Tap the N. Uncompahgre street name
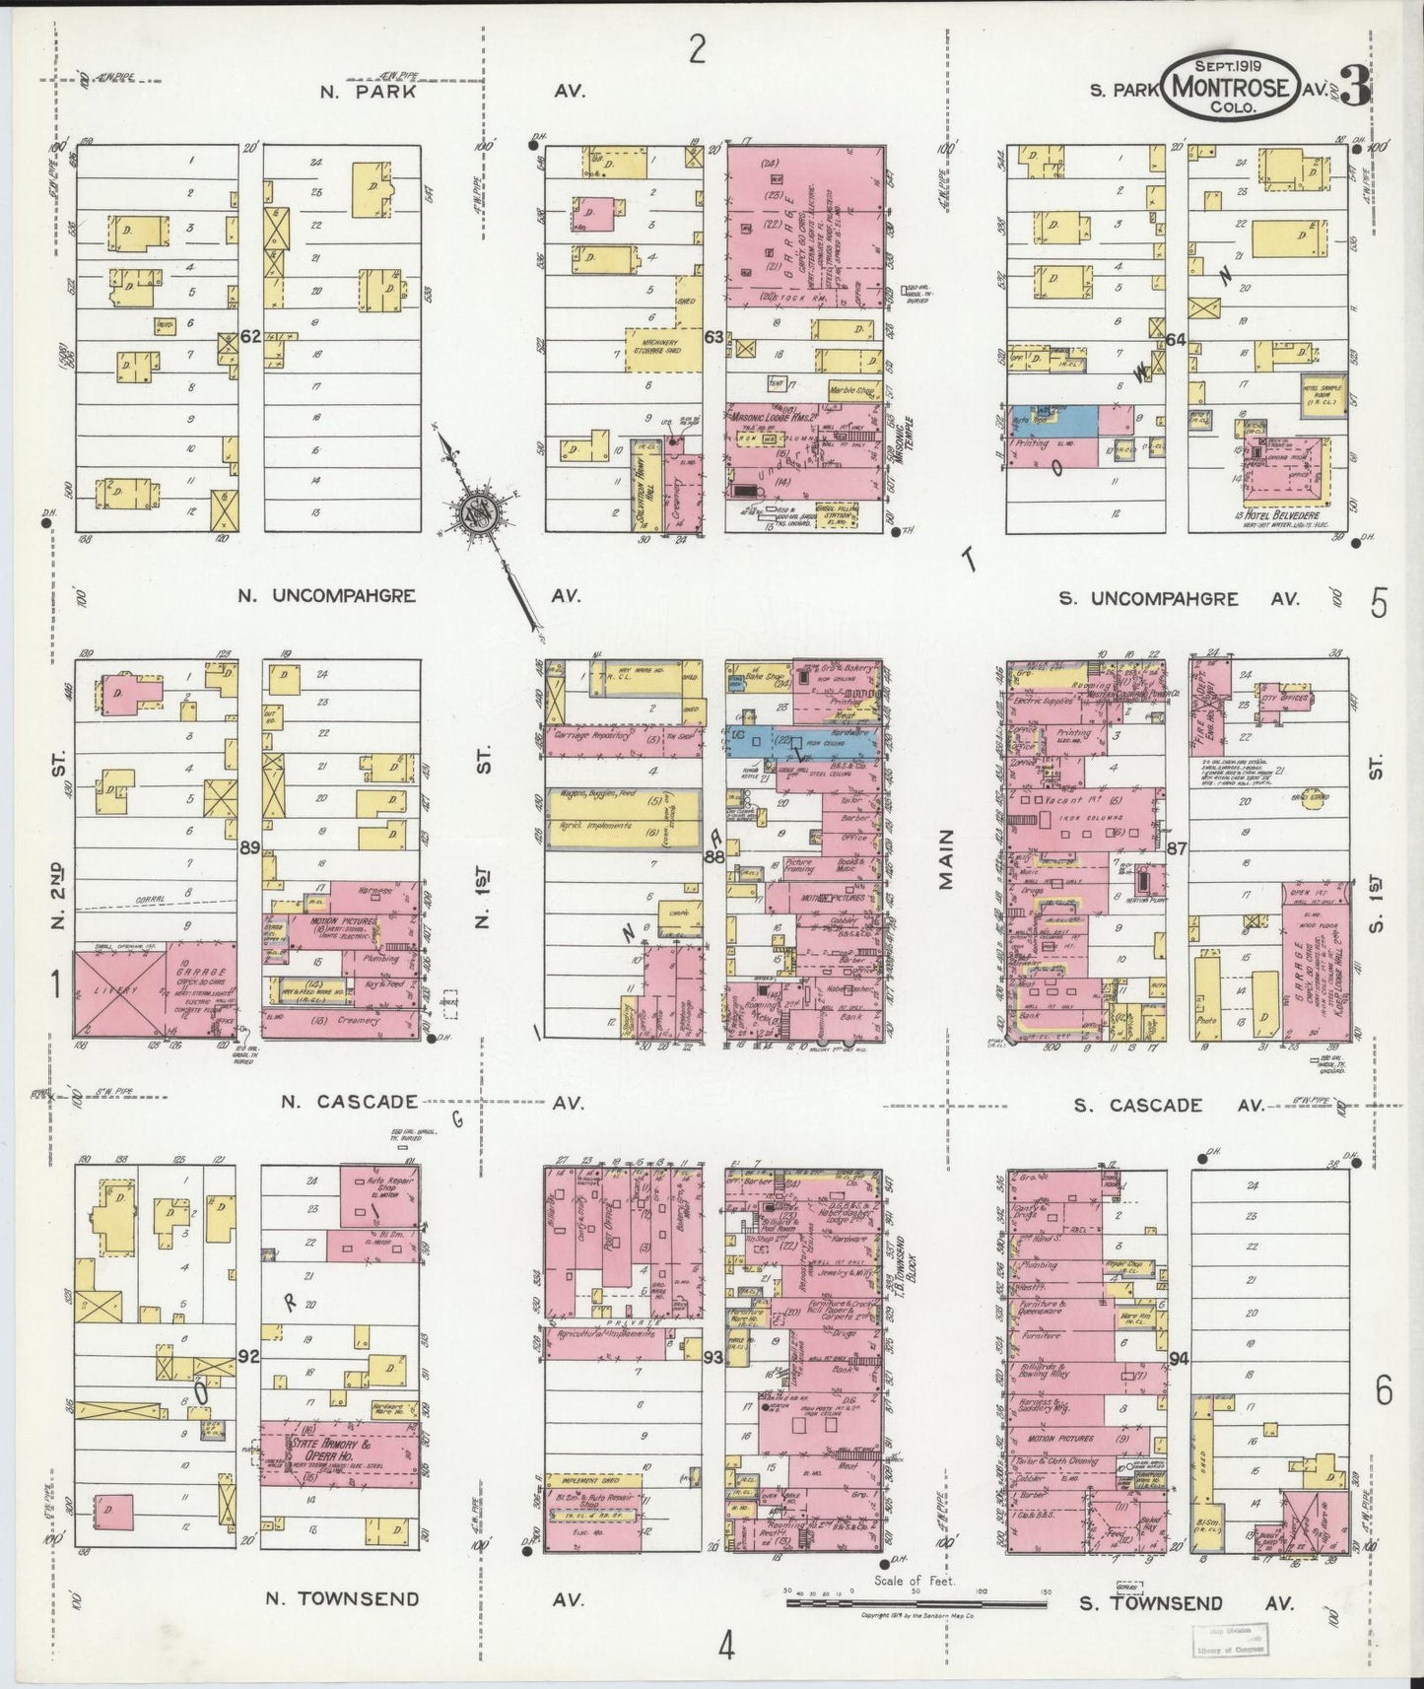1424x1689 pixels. tap(326, 596)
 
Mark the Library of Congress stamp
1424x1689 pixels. tap(1229, 1638)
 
